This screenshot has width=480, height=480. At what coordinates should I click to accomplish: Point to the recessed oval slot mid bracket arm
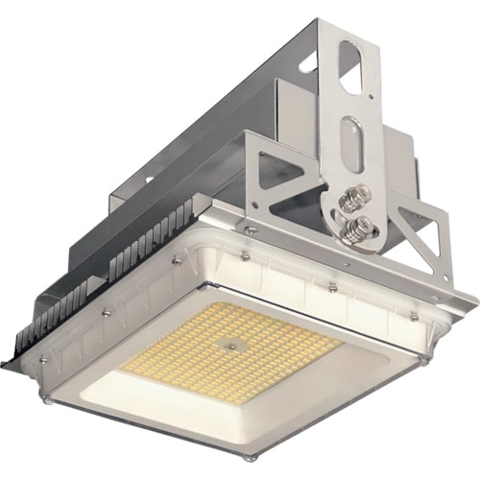pos(351,144)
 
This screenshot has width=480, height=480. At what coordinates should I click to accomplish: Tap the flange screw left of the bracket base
pos(250,230)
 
